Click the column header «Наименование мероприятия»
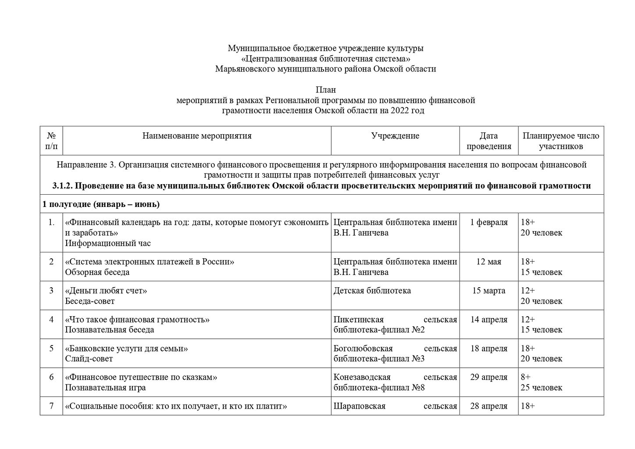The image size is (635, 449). click(x=197, y=136)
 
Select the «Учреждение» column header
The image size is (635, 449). click(x=395, y=136)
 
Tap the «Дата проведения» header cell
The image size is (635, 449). click(x=489, y=141)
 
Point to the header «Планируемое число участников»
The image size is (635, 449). click(x=561, y=141)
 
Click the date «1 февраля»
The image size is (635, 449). click(x=489, y=222)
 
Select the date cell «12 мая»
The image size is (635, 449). click(x=489, y=262)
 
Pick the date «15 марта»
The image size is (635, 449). click(x=489, y=291)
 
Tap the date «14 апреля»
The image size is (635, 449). click(x=489, y=320)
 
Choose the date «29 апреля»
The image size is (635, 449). click(x=489, y=377)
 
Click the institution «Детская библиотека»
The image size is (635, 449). click(x=372, y=291)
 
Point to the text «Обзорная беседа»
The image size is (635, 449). click(x=97, y=272)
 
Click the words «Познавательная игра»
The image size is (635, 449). click(x=105, y=388)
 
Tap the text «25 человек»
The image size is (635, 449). click(x=541, y=388)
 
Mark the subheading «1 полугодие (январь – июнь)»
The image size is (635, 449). click(x=101, y=204)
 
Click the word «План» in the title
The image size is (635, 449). click(x=326, y=90)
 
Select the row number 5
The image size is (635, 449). click(x=51, y=348)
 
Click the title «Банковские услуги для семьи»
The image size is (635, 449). click(x=126, y=349)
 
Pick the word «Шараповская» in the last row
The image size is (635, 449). click(x=359, y=406)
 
